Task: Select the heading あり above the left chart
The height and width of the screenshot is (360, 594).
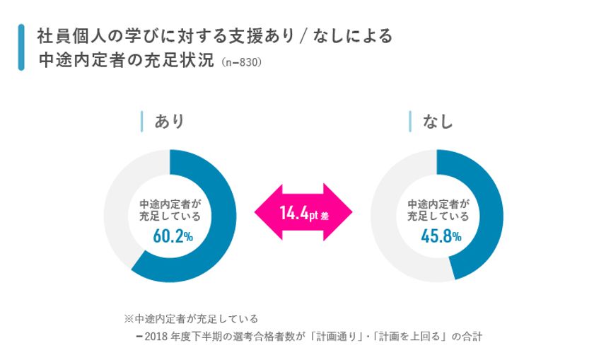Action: [x=170, y=121]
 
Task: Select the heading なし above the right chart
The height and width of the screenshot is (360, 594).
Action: [x=438, y=122]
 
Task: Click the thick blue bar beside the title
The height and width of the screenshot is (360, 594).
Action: [x=21, y=47]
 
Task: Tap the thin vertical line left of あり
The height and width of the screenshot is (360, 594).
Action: [x=142, y=121]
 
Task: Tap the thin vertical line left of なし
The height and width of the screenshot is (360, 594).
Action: [x=410, y=121]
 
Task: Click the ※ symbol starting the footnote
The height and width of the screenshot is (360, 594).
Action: [x=128, y=318]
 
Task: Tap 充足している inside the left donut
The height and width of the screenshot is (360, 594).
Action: [x=170, y=217]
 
